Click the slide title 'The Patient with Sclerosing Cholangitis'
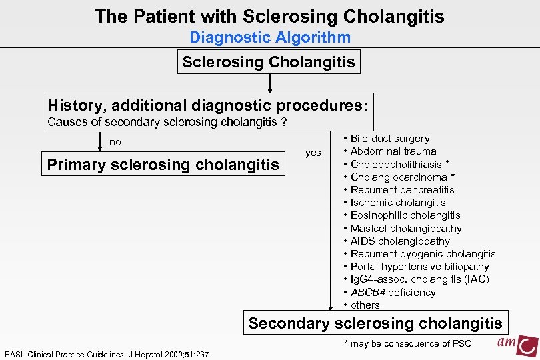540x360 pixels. pyautogui.click(x=269, y=16)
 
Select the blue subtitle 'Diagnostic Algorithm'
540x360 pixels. pyautogui.click(x=269, y=38)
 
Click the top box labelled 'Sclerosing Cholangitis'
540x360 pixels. pyautogui.click(x=269, y=63)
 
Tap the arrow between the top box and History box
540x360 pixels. pyautogui.click(x=269, y=83)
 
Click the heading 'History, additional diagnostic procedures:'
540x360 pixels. pyautogui.click(x=207, y=105)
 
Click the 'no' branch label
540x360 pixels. pyautogui.click(x=115, y=142)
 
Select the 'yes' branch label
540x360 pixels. pyautogui.click(x=313, y=153)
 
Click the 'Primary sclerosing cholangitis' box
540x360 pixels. pyautogui.click(x=163, y=165)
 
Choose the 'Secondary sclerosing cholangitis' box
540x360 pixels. pyautogui.click(x=375, y=324)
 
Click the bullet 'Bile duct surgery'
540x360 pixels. pyautogui.click(x=390, y=139)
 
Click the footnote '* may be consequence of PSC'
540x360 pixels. pyautogui.click(x=407, y=343)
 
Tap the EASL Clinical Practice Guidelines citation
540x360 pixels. pyautogui.click(x=107, y=354)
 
